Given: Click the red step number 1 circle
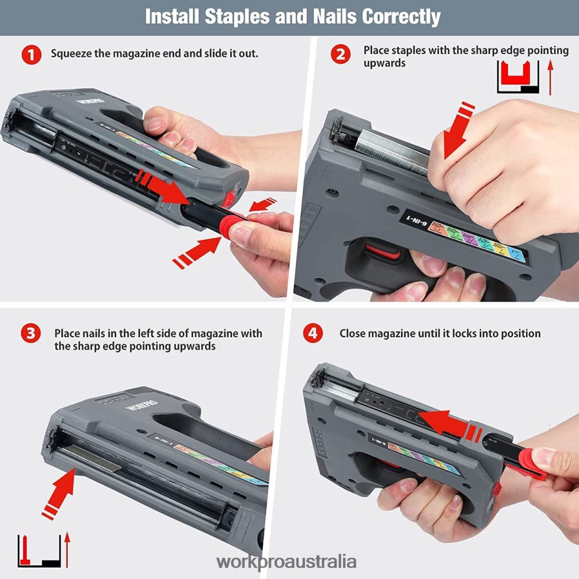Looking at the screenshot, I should point(31,54).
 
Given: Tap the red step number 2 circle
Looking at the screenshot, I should point(340,54).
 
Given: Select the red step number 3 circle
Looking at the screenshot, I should point(31,334).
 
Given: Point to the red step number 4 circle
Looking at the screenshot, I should point(313,334).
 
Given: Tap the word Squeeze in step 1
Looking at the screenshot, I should point(73,54).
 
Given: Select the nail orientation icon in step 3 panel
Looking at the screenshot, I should point(38,550).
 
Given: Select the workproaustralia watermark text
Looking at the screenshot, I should point(286,562).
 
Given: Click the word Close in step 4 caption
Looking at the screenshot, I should point(353,334).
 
